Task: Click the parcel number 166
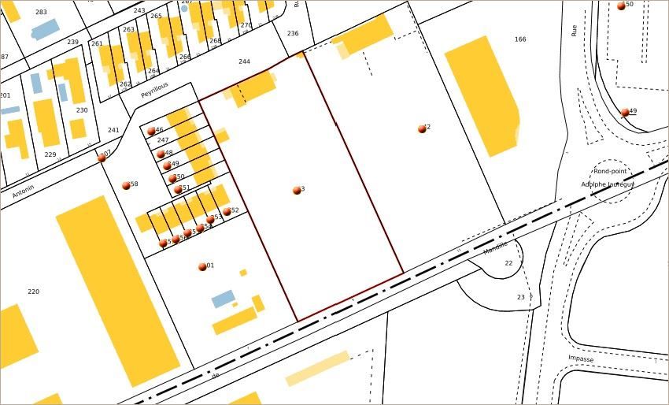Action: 519,39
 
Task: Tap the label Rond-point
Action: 611,171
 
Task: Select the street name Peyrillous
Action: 156,92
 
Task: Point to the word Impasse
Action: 581,359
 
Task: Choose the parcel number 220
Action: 33,292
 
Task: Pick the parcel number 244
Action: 244,61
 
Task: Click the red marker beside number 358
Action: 126,186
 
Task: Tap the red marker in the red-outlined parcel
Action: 297,190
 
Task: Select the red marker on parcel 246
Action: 151,132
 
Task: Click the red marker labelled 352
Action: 227,211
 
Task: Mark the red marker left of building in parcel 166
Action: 423,128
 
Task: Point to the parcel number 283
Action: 41,13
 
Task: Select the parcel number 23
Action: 520,297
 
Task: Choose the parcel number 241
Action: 113,131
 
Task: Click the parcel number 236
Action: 293,33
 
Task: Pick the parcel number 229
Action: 50,154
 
